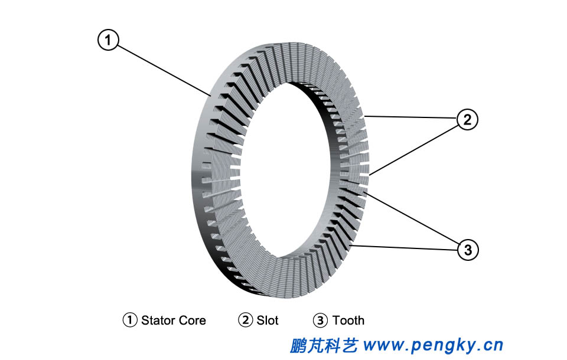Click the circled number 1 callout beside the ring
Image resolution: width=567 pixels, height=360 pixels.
coord(108,40)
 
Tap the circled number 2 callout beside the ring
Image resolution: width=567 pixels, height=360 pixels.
coord(467,120)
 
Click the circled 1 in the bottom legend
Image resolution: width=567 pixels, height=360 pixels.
coord(130,320)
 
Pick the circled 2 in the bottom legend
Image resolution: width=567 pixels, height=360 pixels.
coord(245,320)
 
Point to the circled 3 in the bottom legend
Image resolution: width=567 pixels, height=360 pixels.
coord(320,320)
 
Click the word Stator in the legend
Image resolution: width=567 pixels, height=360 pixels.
coord(157,320)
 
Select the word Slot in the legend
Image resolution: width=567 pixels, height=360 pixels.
coord(268,320)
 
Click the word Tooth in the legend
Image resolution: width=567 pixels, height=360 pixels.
coord(348,320)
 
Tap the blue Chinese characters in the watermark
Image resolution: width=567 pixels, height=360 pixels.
coord(324,345)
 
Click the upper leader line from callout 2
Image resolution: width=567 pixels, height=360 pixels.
coord(410,117)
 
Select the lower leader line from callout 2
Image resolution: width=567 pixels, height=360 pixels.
coord(413,148)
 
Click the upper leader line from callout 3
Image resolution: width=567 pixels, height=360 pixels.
coord(413,218)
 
